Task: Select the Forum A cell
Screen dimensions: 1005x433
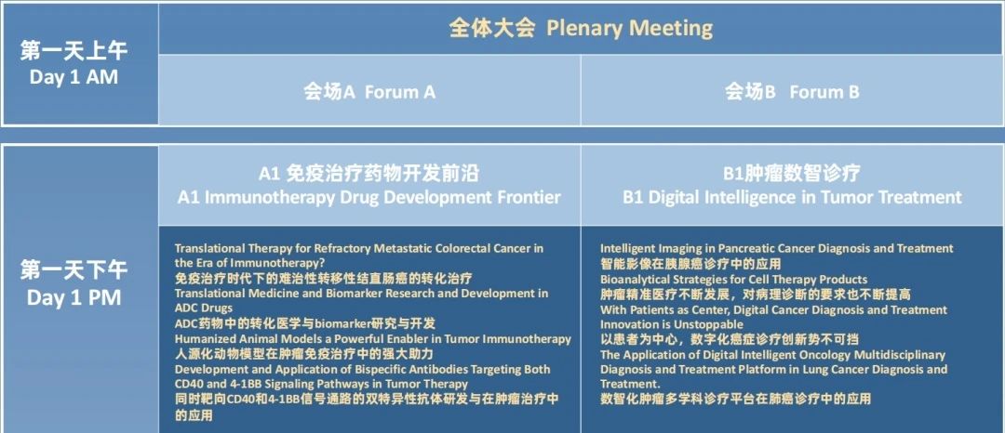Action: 369,90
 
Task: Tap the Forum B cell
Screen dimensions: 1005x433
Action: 792,90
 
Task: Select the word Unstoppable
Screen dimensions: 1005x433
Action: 695,324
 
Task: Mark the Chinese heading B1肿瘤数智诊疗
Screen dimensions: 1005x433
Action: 792,173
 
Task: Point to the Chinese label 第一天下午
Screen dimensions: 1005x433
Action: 74,270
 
